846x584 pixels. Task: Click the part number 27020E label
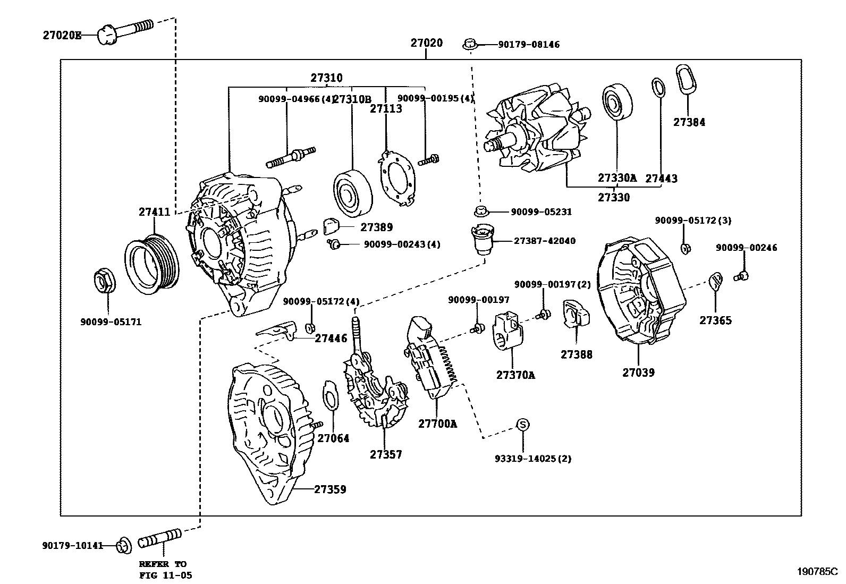coord(62,36)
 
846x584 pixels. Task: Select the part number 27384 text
coord(689,122)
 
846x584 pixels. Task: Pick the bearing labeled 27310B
coord(352,192)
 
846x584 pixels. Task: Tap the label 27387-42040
coord(544,241)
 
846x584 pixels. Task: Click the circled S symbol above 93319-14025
coord(523,424)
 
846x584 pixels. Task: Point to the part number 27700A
coord(437,424)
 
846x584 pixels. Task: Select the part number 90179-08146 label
coord(528,45)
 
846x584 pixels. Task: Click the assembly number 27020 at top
coord(426,43)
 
